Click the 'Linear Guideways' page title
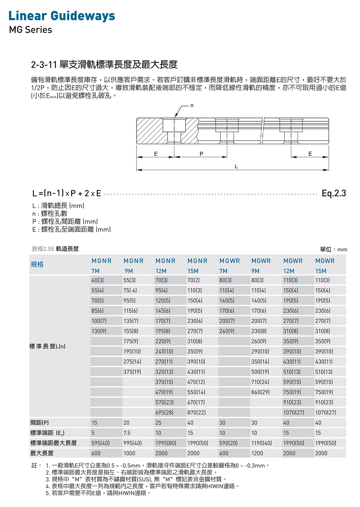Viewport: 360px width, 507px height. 61,16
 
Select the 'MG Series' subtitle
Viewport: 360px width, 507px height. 31,30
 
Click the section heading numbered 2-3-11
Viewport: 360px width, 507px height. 104,64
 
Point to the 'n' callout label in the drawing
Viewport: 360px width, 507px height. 192,106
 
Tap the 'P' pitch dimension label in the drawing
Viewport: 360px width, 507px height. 201,154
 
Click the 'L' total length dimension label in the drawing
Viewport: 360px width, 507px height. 236,167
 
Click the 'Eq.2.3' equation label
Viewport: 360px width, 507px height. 334,193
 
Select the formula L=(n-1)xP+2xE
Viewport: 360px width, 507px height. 67,193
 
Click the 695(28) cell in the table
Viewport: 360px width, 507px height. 164,413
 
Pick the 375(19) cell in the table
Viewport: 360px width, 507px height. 132,372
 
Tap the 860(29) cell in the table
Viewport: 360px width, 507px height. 260,392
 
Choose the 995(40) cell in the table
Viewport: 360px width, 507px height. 132,443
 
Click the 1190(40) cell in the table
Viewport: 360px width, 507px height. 262,443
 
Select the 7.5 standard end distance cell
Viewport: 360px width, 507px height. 127,433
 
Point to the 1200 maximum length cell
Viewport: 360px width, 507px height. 257,453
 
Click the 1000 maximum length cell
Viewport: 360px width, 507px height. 129,453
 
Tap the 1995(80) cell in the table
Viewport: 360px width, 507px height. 166,443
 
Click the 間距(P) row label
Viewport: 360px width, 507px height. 39,423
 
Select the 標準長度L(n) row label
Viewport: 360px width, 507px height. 47,346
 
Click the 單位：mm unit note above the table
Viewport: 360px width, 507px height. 333,249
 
